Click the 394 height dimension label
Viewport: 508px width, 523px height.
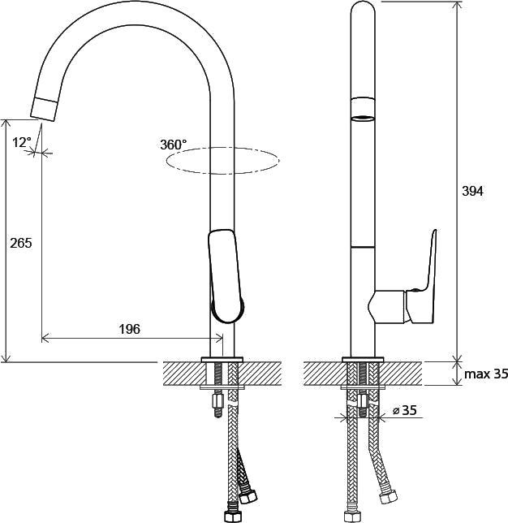point(472,192)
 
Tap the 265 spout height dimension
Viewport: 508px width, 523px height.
point(21,243)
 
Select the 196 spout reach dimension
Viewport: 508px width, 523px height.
point(130,329)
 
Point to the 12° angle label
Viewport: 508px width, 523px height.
point(22,142)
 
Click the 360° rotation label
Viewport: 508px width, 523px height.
point(174,145)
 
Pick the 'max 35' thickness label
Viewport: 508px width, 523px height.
point(486,374)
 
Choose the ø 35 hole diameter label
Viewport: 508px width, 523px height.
point(405,410)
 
